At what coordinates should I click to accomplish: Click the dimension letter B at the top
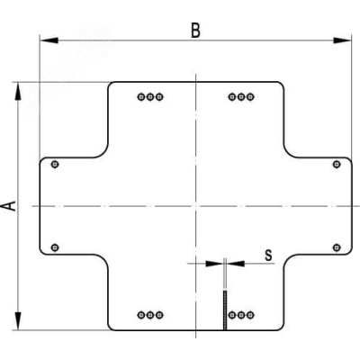coord(195,31)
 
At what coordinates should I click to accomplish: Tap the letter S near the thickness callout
coord(268,256)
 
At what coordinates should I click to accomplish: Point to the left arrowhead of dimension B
coord(49,40)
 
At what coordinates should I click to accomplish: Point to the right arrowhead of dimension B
coord(342,40)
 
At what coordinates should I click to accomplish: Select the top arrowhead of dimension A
coord(18,91)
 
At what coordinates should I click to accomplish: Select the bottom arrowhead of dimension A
coord(18,321)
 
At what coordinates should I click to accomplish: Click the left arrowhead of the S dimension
coord(214,264)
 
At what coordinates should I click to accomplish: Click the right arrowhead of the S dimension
coord(236,264)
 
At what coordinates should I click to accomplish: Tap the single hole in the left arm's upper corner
coord(55,165)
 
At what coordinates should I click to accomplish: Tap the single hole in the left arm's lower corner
coord(55,247)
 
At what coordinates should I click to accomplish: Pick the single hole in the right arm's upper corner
coord(337,165)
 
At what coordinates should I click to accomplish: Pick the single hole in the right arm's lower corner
coord(337,247)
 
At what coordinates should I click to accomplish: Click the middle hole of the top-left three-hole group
coord(150,97)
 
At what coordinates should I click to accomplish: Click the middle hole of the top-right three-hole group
coord(241,97)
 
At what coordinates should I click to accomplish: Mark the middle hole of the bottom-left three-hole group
coord(150,315)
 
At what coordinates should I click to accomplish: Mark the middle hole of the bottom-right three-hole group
coord(241,315)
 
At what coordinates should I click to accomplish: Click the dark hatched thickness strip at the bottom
coord(225,310)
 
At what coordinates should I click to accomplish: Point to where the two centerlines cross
coord(195,206)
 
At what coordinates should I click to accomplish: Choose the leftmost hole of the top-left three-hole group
coord(141,97)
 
